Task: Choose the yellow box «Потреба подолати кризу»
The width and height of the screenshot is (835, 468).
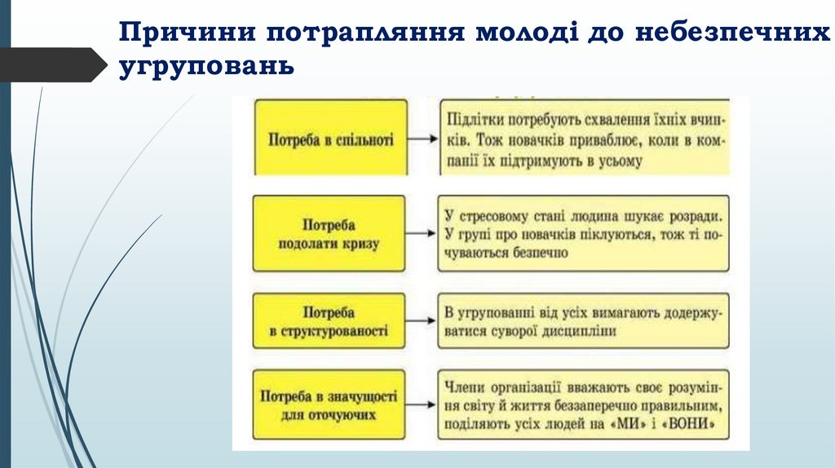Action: (x=329, y=233)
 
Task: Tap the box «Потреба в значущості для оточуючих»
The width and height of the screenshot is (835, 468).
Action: (x=329, y=405)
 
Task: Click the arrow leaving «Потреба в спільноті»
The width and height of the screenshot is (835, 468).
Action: (x=422, y=139)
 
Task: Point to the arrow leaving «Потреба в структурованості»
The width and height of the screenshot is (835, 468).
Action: (x=422, y=322)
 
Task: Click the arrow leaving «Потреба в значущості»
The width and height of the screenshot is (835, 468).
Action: (x=422, y=404)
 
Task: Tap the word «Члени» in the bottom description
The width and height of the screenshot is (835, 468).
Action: (x=464, y=383)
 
